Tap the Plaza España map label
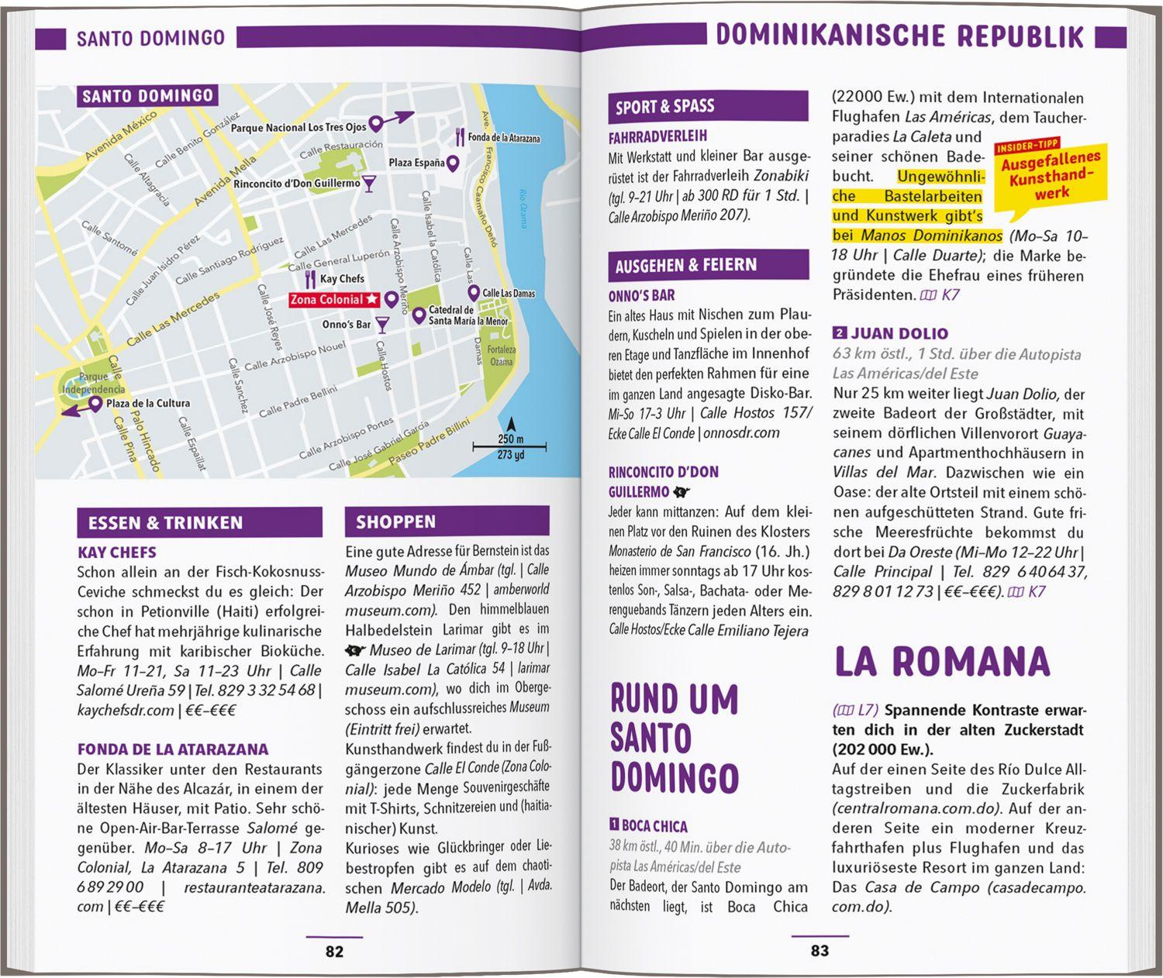click(417, 163)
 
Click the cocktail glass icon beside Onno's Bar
click(382, 324)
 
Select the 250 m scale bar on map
click(509, 446)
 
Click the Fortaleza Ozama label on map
click(502, 356)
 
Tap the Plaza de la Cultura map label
click(147, 403)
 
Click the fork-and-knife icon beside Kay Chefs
click(310, 279)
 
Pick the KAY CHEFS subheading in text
click(117, 553)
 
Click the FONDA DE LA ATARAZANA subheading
click(173, 749)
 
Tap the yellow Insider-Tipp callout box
click(1050, 177)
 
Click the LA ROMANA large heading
click(941, 662)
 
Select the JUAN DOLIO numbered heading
click(898, 334)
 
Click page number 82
click(334, 951)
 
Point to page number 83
click(820, 951)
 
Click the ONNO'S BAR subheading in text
click(641, 295)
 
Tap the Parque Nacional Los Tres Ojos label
click(299, 127)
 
